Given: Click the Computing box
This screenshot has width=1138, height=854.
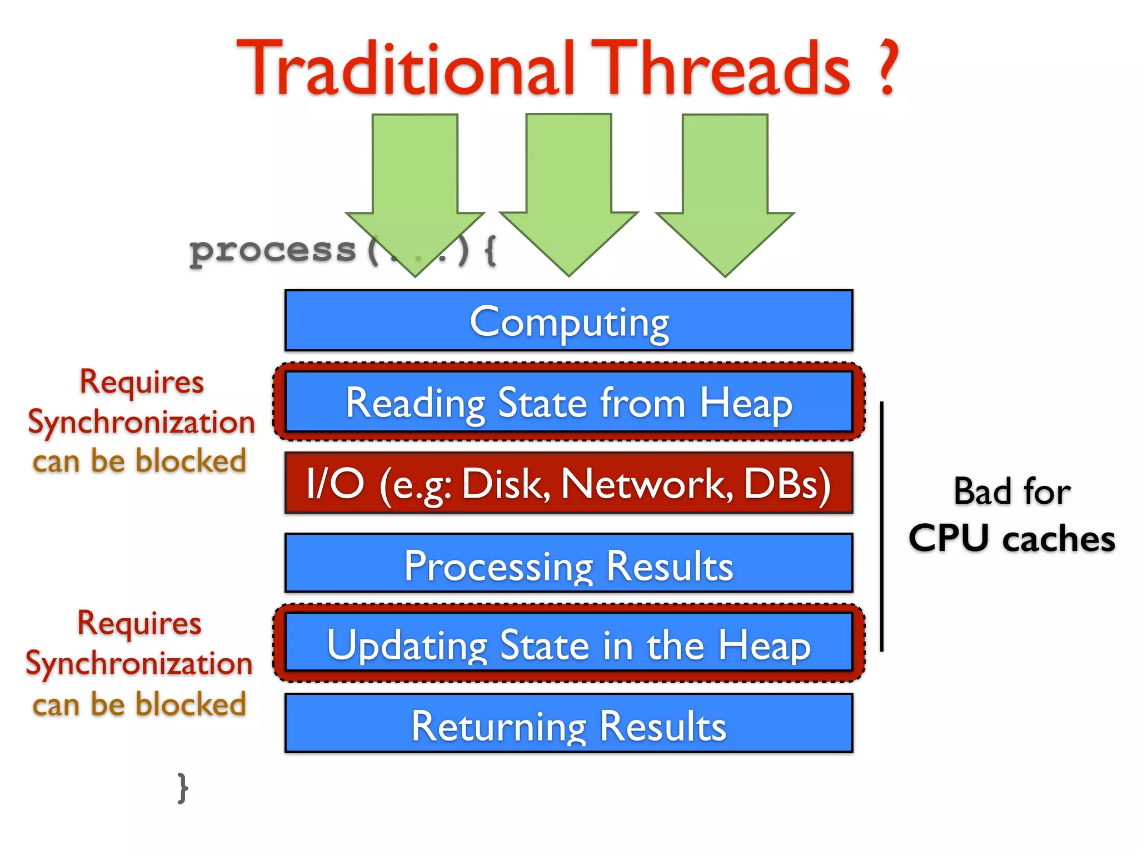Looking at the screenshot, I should pyautogui.click(x=569, y=321).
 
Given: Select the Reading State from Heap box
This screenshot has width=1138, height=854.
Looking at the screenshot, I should pyautogui.click(x=569, y=402).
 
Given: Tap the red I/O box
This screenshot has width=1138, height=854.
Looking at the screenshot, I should pyautogui.click(x=569, y=483).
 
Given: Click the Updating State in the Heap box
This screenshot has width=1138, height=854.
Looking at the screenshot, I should pyautogui.click(x=569, y=643).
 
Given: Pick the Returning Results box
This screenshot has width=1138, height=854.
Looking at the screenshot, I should pyautogui.click(x=569, y=724).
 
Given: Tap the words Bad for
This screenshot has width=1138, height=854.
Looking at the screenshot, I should pyautogui.click(x=1011, y=491).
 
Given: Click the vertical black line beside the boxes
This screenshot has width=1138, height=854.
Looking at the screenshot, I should pyautogui.click(x=882, y=525).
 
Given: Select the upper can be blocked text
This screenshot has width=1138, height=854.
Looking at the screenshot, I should pyautogui.click(x=139, y=461).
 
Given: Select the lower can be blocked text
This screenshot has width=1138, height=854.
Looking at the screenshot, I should pyautogui.click(x=139, y=704).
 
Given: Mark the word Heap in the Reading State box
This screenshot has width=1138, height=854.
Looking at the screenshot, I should pyautogui.click(x=746, y=403).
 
